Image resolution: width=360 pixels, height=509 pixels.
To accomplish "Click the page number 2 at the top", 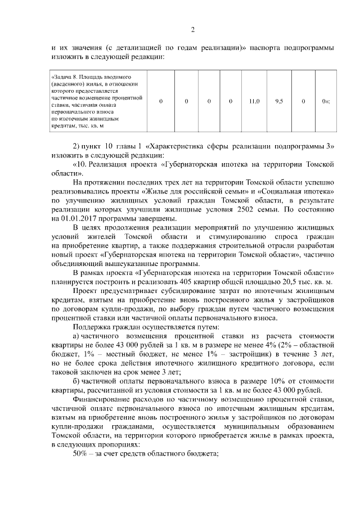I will pos(192,30).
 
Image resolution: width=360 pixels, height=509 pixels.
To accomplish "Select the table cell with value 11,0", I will pos(254,101).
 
